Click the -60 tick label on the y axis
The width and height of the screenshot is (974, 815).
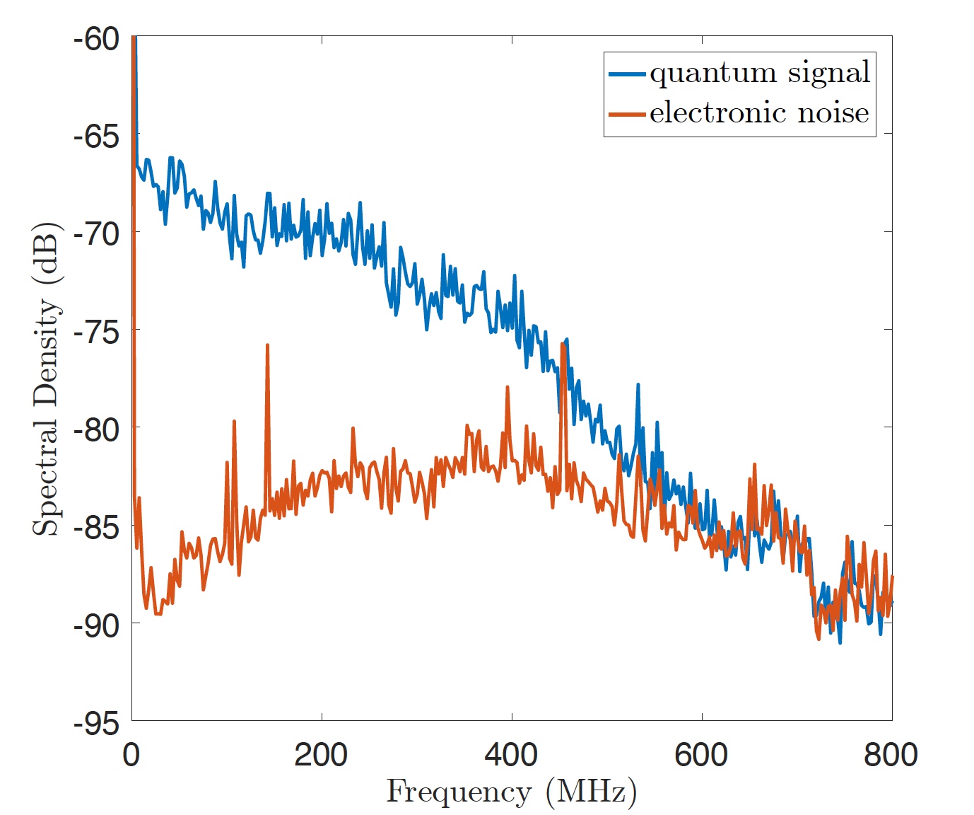pyautogui.click(x=96, y=39)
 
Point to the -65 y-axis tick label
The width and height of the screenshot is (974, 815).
pyautogui.click(x=96, y=136)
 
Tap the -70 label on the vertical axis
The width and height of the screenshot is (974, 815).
pyautogui.click(x=96, y=233)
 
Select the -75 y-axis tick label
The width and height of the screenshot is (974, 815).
pyautogui.click(x=96, y=332)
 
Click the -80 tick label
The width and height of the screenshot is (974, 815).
pyautogui.click(x=96, y=429)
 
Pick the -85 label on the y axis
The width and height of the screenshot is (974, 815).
pyautogui.click(x=96, y=527)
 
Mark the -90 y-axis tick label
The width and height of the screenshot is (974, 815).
pyautogui.click(x=96, y=625)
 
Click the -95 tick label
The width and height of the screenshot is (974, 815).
pyautogui.click(x=96, y=723)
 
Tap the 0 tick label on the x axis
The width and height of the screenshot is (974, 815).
pyautogui.click(x=131, y=755)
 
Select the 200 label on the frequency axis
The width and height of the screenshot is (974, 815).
pyautogui.click(x=321, y=755)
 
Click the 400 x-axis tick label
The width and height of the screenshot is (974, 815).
pyautogui.click(x=511, y=755)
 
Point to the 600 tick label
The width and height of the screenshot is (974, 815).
pyautogui.click(x=701, y=755)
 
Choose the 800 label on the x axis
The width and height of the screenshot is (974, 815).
pyautogui.click(x=891, y=755)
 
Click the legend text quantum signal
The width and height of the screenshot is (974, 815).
pyautogui.click(x=760, y=74)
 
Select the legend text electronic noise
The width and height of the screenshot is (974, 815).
pyautogui.click(x=759, y=113)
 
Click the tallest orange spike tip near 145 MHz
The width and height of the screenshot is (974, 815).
pyautogui.click(x=267, y=345)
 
